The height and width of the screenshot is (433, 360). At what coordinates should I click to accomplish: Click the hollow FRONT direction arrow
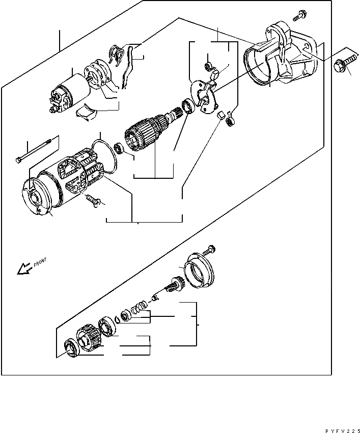tap(23, 268)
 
